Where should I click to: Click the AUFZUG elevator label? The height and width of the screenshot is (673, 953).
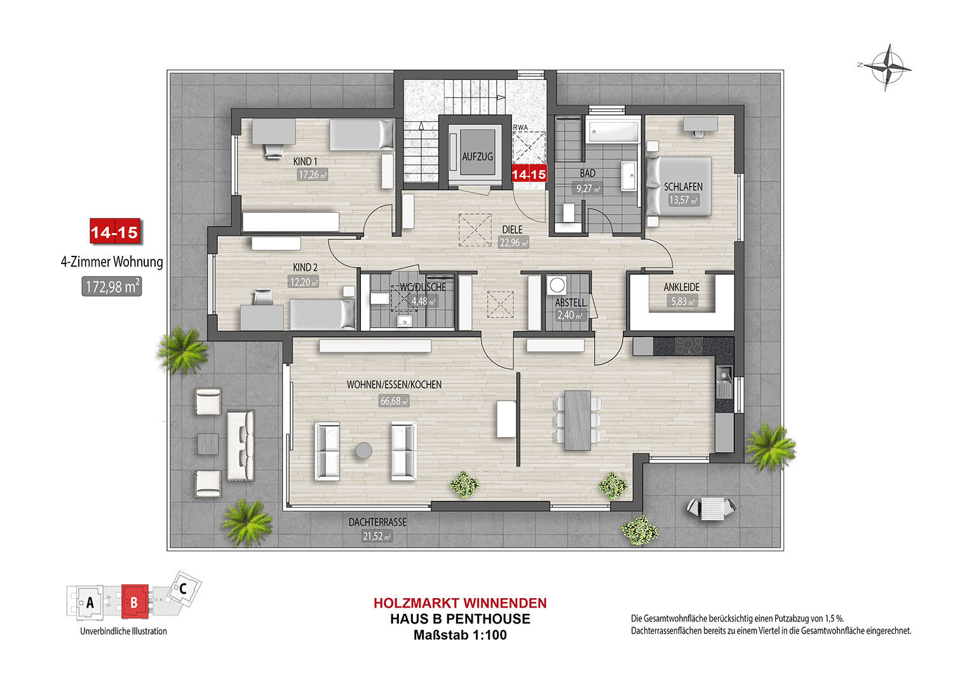click(x=477, y=156)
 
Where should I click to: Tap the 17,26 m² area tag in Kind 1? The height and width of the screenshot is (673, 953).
click(x=313, y=175)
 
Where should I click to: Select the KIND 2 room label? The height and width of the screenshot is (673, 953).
click(x=305, y=267)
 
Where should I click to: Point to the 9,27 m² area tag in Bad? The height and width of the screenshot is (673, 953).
click(x=589, y=189)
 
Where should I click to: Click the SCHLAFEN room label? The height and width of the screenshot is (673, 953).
click(x=683, y=187)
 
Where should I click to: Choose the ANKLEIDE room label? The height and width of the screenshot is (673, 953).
click(x=682, y=288)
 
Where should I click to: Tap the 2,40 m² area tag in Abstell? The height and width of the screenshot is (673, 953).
click(x=570, y=316)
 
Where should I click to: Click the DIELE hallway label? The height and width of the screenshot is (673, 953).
click(x=512, y=230)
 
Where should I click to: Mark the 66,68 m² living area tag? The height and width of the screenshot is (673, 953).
click(x=394, y=401)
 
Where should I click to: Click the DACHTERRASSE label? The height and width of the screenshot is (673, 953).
click(x=377, y=522)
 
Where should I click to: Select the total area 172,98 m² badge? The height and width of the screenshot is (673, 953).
click(x=112, y=287)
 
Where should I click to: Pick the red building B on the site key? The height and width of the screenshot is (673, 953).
click(x=135, y=602)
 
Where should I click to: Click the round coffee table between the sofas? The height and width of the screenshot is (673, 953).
click(x=364, y=451)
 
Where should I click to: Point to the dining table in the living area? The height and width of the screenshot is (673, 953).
click(x=578, y=420)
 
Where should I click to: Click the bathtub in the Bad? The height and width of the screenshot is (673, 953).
click(x=613, y=130)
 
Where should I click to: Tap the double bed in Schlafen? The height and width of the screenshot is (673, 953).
click(x=679, y=186)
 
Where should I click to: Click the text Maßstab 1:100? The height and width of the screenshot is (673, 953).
click(x=461, y=635)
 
